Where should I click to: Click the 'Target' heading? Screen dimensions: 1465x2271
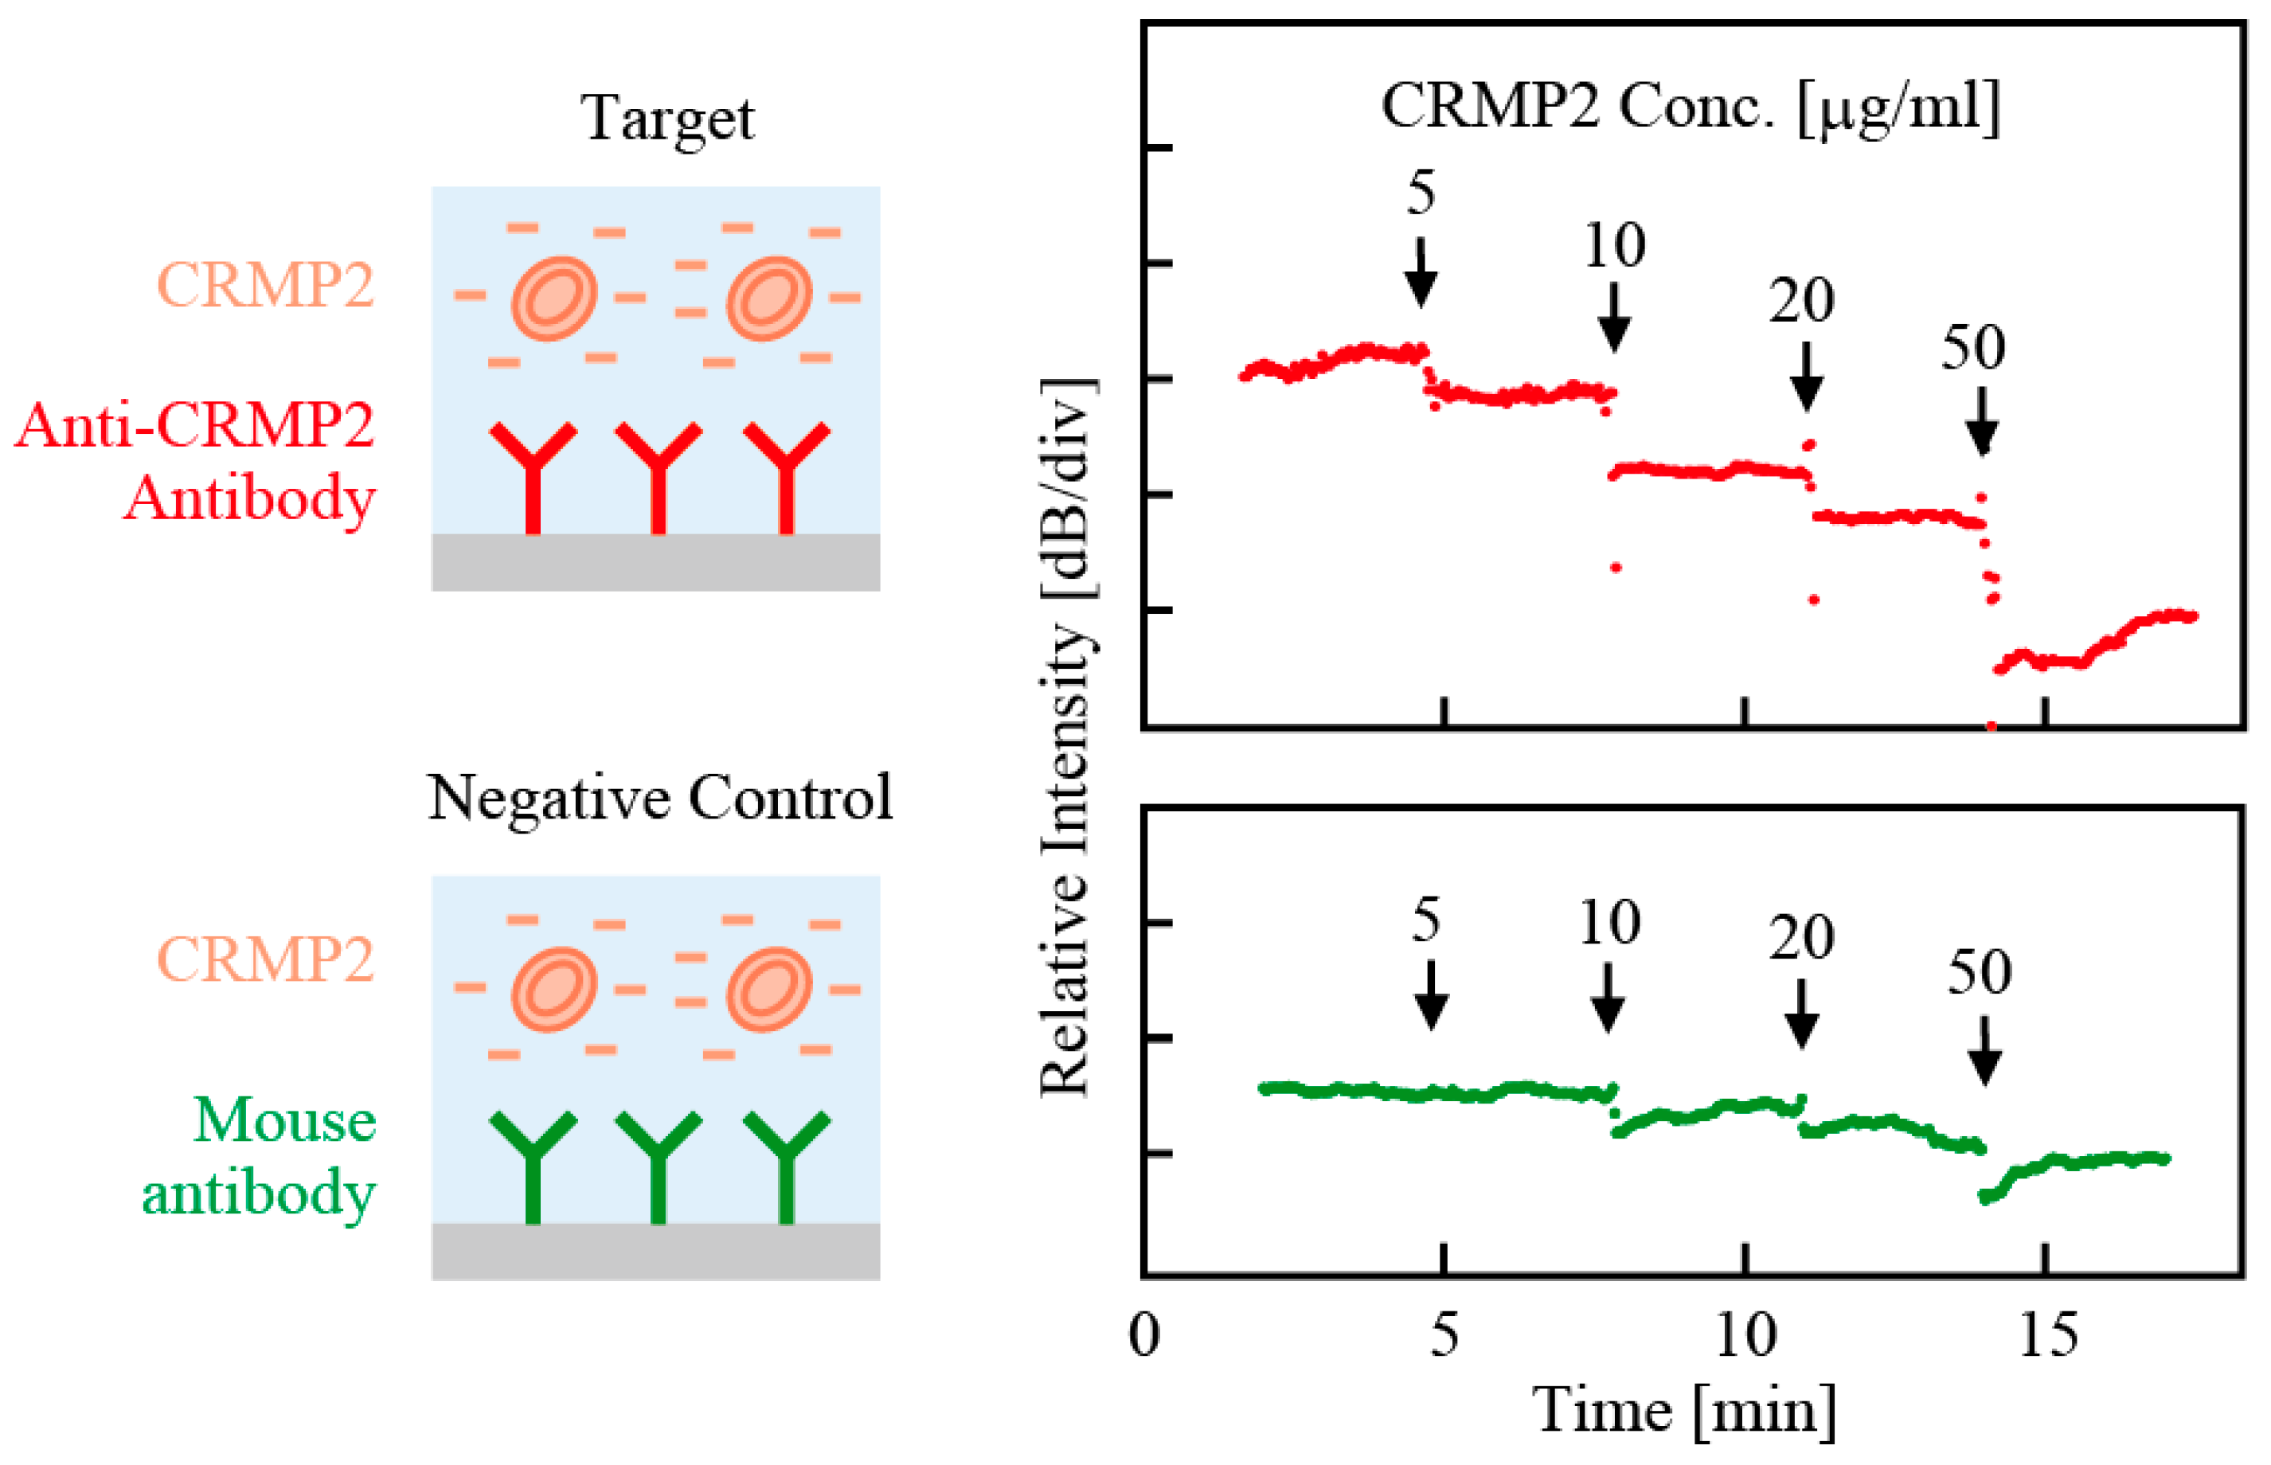coord(668,120)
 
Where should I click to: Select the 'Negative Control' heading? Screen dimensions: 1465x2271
coord(659,797)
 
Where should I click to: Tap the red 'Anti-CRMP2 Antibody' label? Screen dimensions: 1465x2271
coord(195,460)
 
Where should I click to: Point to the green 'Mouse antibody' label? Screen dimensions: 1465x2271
coord(259,1156)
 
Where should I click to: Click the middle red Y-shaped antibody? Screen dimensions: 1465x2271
coord(659,475)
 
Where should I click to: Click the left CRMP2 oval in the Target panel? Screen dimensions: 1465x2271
coord(553,298)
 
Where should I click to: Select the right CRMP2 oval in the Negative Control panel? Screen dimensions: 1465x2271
coord(768,990)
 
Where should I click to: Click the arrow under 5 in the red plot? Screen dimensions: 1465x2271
coord(1421,272)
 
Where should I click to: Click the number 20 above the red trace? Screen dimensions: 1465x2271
coord(1801,302)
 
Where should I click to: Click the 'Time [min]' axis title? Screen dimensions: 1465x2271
coord(1684,1410)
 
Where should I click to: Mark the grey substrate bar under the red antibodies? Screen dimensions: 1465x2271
coord(655,561)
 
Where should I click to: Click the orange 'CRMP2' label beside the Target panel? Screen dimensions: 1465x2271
coord(265,284)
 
